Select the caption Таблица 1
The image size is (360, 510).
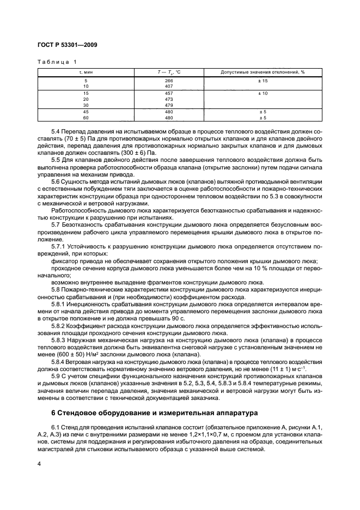pos(57,62)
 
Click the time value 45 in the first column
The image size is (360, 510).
pos(86,112)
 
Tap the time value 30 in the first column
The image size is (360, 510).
pos(86,105)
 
